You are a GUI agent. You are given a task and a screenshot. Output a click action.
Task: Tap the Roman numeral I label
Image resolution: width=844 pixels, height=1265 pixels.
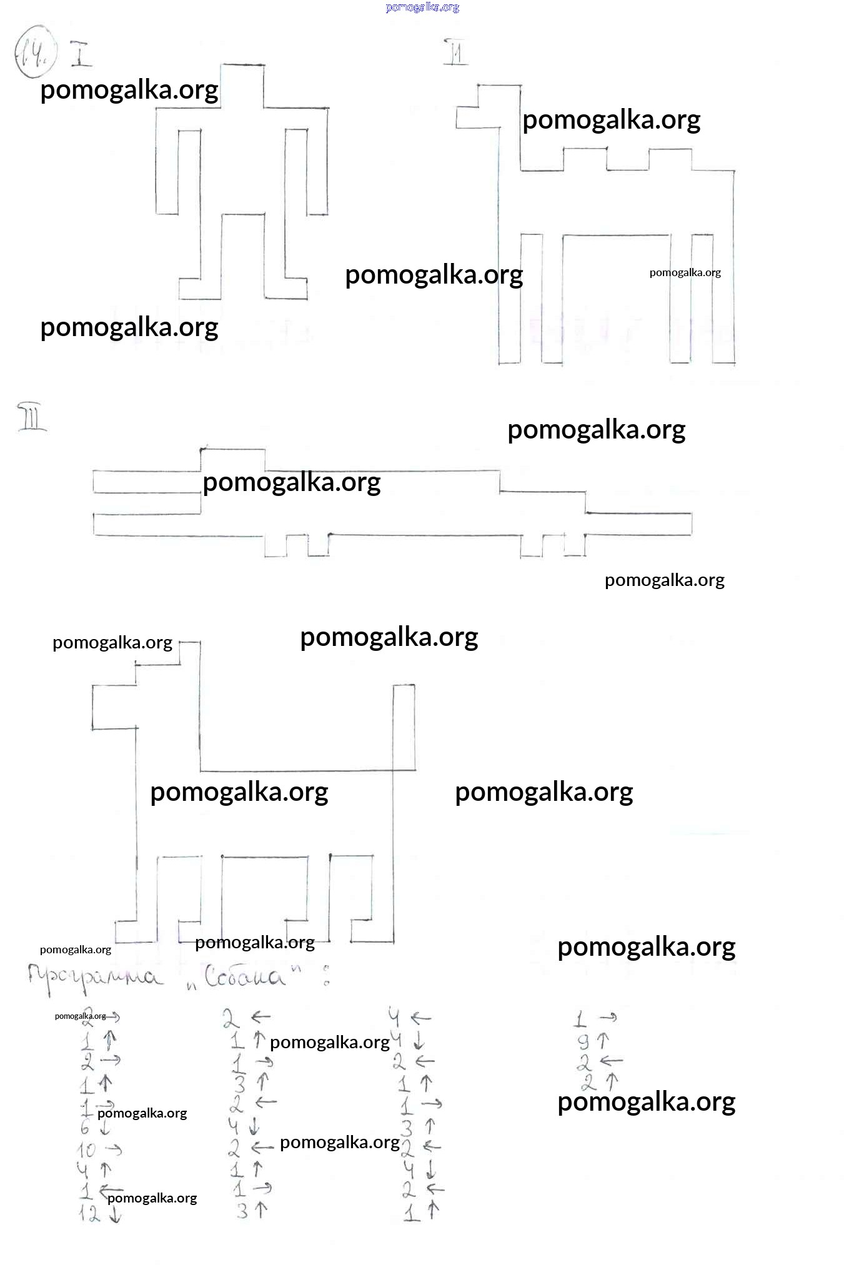tap(81, 54)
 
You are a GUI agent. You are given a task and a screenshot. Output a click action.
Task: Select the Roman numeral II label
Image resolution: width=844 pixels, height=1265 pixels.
tap(455, 52)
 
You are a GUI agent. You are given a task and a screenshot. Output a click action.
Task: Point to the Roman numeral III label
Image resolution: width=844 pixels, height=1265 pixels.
tap(32, 418)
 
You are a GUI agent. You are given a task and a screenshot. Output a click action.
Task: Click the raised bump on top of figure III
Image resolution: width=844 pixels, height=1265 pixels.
tap(232, 459)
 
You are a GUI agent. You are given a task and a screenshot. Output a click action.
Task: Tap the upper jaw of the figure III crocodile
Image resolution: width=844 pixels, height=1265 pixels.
tap(147, 481)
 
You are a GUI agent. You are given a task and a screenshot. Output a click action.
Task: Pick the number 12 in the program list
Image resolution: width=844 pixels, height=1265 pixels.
tap(89, 1214)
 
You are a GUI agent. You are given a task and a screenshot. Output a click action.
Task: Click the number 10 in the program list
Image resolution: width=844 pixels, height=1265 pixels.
tap(86, 1149)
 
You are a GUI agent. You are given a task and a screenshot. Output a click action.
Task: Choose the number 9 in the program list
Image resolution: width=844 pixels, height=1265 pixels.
tap(582, 1041)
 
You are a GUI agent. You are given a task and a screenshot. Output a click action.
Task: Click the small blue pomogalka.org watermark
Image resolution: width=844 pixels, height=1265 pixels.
tap(422, 7)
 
